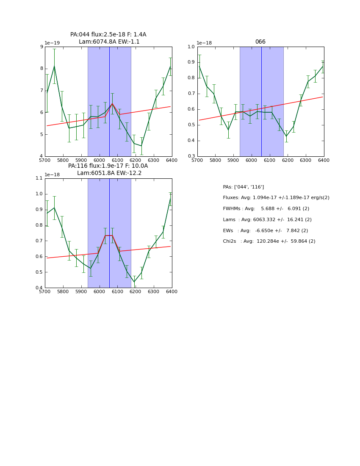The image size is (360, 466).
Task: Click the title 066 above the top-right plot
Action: (x=260, y=42)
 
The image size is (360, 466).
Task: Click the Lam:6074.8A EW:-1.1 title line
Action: (x=109, y=42)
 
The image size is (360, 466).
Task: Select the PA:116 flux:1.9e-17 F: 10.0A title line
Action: (x=108, y=166)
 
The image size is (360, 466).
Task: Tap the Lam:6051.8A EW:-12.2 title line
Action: (x=109, y=173)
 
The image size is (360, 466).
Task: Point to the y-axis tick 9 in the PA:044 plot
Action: (x=42, y=47)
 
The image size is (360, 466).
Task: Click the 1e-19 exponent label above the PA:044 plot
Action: (x=52, y=43)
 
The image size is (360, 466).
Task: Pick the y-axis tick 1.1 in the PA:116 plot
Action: (x=39, y=178)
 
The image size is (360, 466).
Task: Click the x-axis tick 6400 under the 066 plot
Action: (x=324, y=160)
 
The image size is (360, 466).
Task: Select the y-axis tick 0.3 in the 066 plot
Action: (x=191, y=156)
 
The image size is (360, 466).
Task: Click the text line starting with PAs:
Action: (x=243, y=187)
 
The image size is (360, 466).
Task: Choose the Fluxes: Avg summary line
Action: (x=276, y=198)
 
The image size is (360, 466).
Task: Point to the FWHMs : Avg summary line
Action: (x=266, y=209)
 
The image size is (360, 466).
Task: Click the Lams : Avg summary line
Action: (x=267, y=220)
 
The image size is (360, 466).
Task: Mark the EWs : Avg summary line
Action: (x=265, y=230)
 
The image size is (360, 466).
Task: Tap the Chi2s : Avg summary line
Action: (x=269, y=241)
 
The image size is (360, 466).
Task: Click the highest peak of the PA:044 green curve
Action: (x=54, y=66)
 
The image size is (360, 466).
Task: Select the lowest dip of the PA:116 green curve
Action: (x=134, y=282)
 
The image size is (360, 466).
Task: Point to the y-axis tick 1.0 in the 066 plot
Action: (x=191, y=47)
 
